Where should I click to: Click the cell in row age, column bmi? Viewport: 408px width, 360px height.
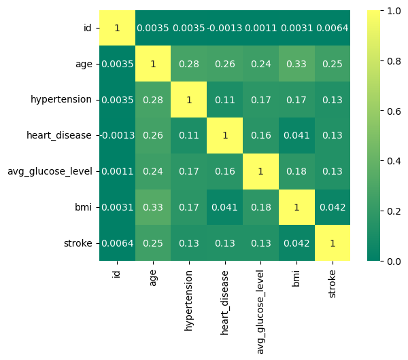click(296, 64)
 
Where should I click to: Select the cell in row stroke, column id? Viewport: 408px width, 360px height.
click(117, 243)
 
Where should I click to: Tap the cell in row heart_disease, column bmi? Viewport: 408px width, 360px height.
click(296, 135)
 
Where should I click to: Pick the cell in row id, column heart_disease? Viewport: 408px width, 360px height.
click(225, 29)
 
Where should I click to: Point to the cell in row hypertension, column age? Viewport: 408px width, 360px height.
click(153, 100)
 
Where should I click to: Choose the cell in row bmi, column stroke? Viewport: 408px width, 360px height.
click(333, 207)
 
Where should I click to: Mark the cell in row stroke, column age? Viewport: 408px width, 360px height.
click(153, 243)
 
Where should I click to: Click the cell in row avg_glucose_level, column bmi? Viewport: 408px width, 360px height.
click(296, 171)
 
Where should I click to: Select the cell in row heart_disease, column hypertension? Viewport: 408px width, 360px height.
click(189, 135)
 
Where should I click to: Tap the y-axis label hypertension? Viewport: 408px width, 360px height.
click(61, 100)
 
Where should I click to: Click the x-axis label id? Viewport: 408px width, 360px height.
click(117, 274)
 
